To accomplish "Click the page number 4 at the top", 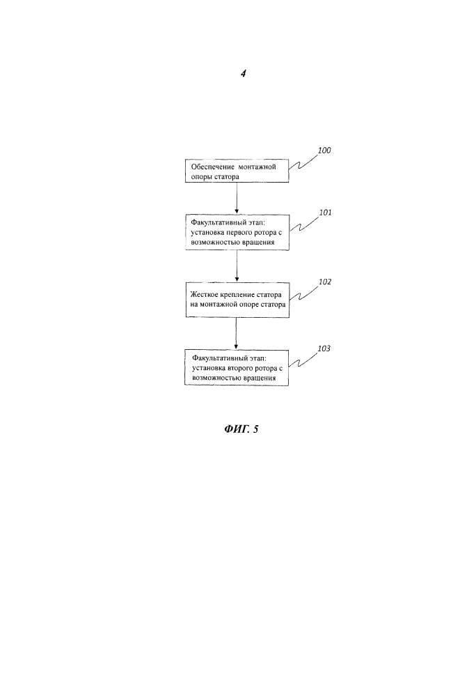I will (x=243, y=75).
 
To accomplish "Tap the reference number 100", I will (x=324, y=151).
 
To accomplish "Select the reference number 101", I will (x=325, y=213).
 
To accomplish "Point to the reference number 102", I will (x=324, y=282).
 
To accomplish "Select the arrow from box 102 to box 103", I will (x=237, y=332).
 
